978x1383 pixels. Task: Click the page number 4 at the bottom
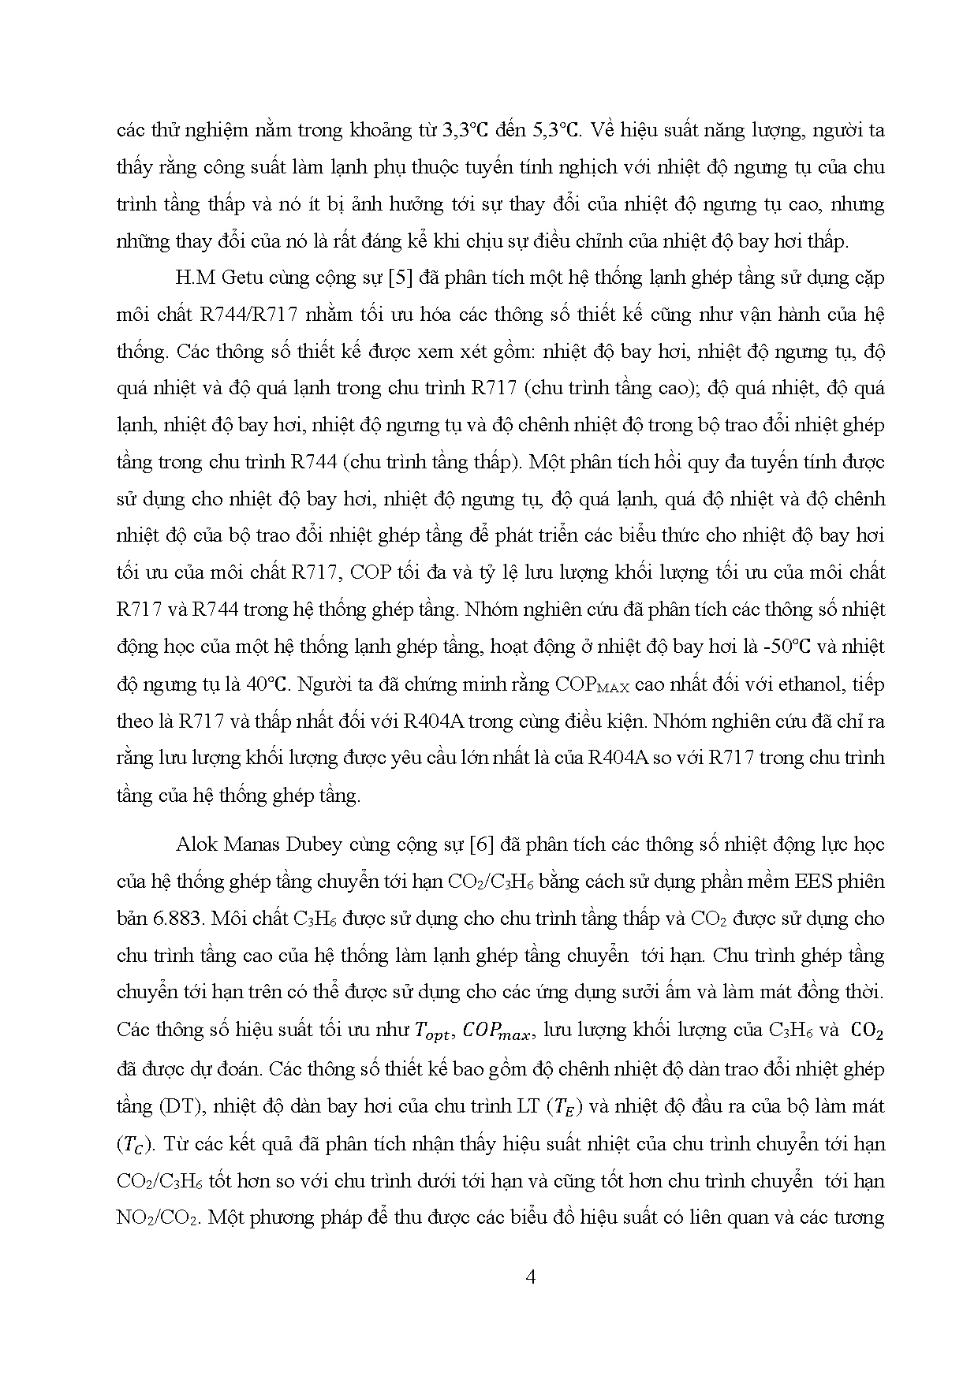click(530, 1277)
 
